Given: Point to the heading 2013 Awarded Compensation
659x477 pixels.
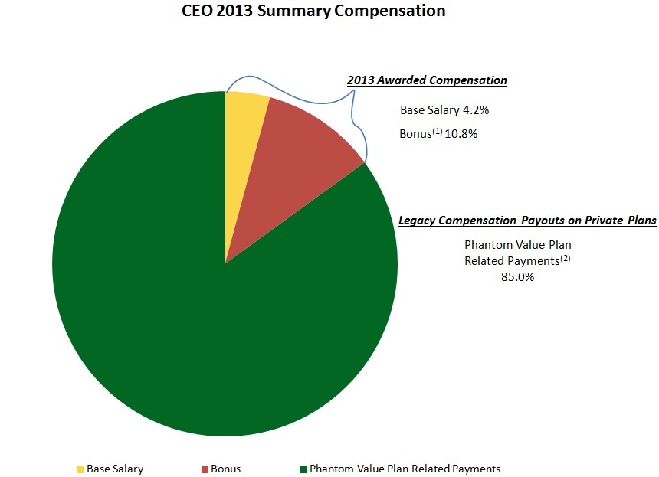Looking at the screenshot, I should click(427, 80).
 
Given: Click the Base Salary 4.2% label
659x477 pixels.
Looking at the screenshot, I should click(444, 110).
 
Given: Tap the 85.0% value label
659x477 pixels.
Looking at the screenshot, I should click(517, 278).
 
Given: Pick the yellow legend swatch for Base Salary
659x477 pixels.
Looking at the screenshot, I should click(80, 469).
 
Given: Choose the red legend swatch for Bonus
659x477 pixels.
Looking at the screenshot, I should click(205, 469).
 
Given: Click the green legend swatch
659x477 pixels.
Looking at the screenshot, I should click(303, 469).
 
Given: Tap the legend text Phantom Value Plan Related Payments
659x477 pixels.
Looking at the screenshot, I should click(405, 469).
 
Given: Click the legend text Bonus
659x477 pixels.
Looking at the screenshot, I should click(226, 469).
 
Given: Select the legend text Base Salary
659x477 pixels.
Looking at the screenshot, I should click(115, 469).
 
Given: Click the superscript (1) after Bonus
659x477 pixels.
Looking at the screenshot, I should click(427, 131).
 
